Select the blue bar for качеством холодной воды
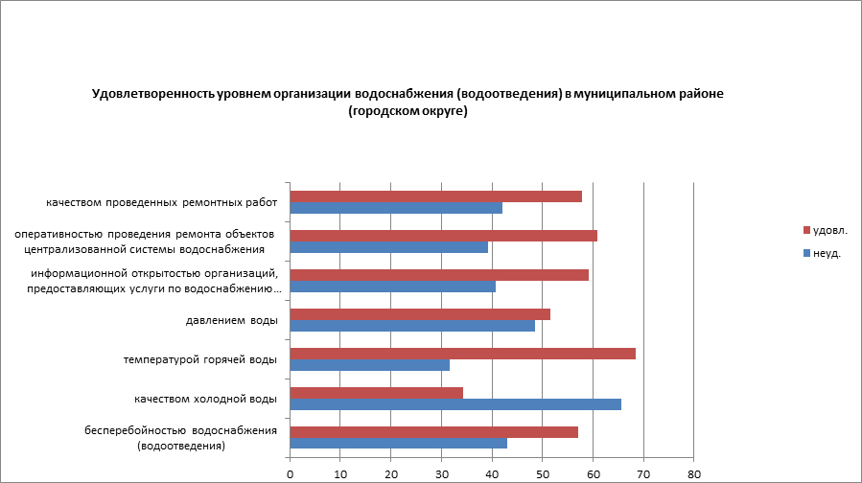point(455,403)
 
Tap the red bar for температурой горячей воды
point(462,354)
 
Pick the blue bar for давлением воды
point(412,325)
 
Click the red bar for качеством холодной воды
point(376,392)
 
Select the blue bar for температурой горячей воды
point(369,365)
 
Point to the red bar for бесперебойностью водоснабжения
point(433,431)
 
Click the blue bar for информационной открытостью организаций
point(392,286)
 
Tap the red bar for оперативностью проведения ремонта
point(443,236)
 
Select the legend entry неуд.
point(826,253)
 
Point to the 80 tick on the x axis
point(694,472)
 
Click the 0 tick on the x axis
point(290,472)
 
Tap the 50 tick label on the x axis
point(543,472)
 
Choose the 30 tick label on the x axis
point(441,472)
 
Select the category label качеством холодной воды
point(206,399)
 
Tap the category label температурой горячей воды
point(200,359)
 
